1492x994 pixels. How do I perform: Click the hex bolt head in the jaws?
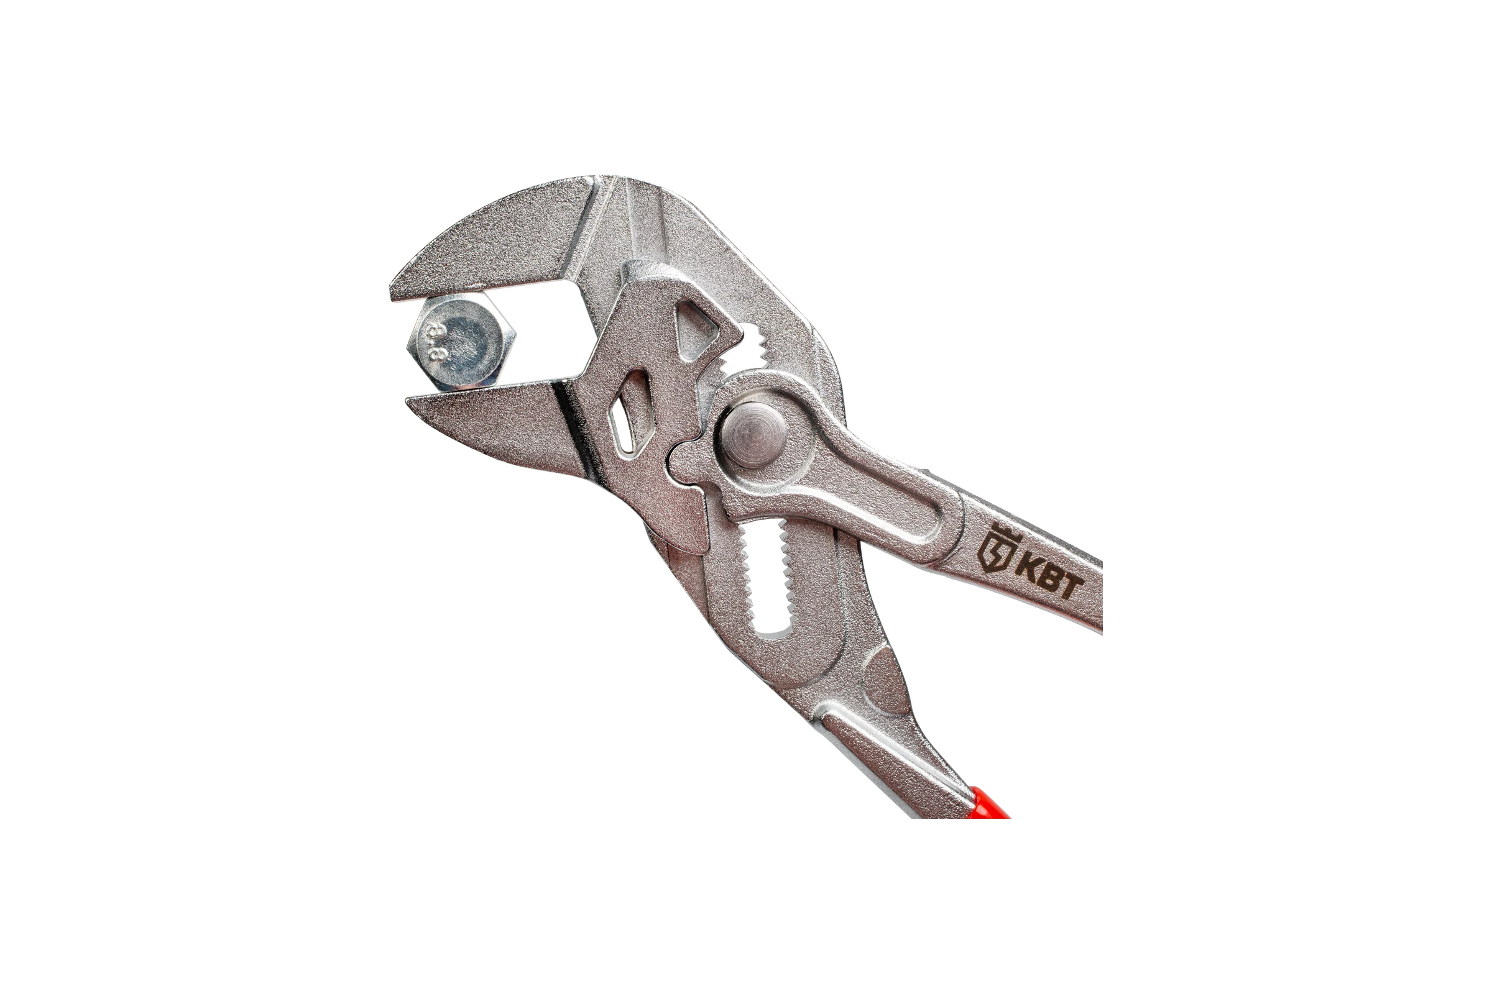[x=461, y=340]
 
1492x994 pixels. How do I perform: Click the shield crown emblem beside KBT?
[x=995, y=550]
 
